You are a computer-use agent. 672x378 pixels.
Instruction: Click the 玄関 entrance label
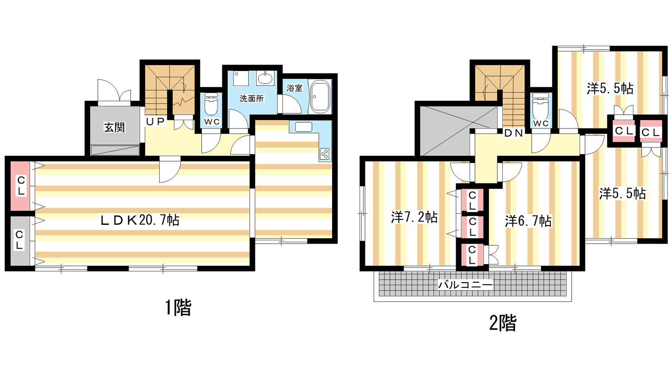(x=114, y=128)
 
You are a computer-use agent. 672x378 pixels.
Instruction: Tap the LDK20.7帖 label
(x=140, y=220)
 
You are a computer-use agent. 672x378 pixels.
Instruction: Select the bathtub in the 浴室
(x=320, y=97)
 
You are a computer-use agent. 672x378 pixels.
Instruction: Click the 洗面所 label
(x=252, y=98)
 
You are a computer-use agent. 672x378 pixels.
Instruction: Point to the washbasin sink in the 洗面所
(x=265, y=78)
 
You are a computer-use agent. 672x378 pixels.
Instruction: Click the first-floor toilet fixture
(x=211, y=104)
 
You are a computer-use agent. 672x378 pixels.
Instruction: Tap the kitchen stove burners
(x=325, y=154)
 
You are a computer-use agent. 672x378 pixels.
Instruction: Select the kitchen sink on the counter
(x=303, y=127)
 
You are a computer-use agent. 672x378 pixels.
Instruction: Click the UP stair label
(x=155, y=121)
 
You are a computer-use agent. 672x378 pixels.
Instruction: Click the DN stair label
(x=514, y=133)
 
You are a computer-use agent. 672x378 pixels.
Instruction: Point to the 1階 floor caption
(x=178, y=307)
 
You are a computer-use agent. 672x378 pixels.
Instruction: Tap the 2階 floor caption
(x=503, y=323)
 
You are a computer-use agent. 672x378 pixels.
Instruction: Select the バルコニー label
(x=466, y=284)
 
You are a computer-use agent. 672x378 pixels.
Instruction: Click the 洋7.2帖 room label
(x=414, y=217)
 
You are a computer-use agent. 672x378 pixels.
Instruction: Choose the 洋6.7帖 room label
(x=528, y=221)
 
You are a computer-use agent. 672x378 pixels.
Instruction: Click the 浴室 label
(x=294, y=88)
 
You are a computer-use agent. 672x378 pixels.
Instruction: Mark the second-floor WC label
(x=541, y=123)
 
